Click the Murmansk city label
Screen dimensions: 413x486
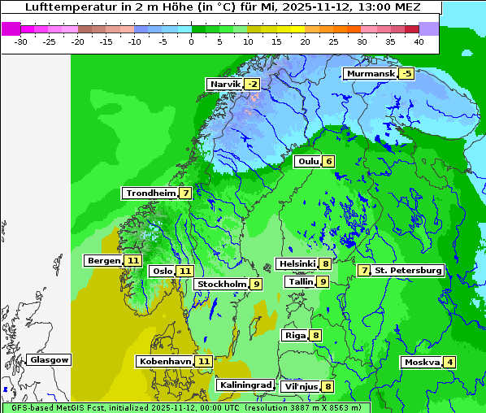tap(370, 74)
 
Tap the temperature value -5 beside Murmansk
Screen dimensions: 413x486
tap(406, 74)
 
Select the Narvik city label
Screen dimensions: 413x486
tap(225, 85)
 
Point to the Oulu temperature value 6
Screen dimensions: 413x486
tap(328, 161)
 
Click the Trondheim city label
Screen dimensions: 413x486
tap(150, 193)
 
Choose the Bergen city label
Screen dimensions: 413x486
tap(102, 261)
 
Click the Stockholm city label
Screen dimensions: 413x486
tap(220, 285)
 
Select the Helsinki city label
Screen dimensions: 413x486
tap(296, 263)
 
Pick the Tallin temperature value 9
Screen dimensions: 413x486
tap(323, 282)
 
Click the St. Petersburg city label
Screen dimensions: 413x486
tap(408, 270)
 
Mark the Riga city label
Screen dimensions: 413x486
tap(294, 335)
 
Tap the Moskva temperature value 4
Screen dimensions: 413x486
tap(450, 363)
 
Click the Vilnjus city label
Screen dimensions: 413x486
tap(299, 387)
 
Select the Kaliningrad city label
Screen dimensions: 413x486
tap(245, 385)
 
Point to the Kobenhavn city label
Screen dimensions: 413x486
tap(165, 361)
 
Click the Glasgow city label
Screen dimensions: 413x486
tap(50, 360)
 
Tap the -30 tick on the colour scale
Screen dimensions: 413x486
tap(21, 41)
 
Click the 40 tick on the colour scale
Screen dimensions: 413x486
tap(419, 41)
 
